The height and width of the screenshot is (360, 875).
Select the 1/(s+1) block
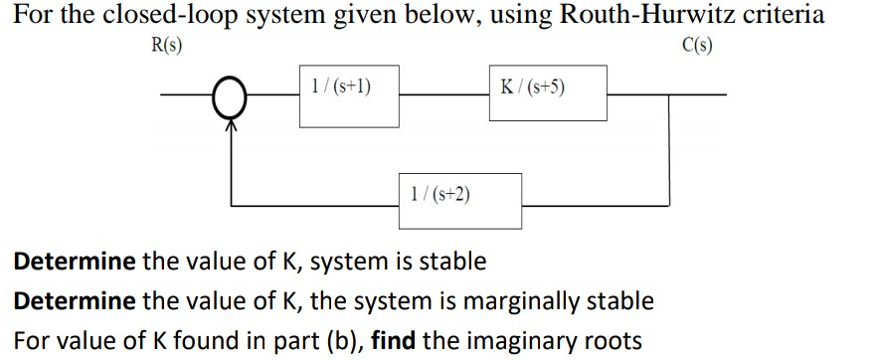(350, 95)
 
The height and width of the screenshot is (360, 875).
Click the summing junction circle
(232, 97)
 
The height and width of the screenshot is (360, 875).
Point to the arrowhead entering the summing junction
(232, 122)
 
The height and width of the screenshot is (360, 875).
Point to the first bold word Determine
(74, 262)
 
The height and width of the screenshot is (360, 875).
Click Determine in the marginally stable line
(74, 300)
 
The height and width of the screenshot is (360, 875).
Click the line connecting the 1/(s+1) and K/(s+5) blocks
(443, 96)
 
